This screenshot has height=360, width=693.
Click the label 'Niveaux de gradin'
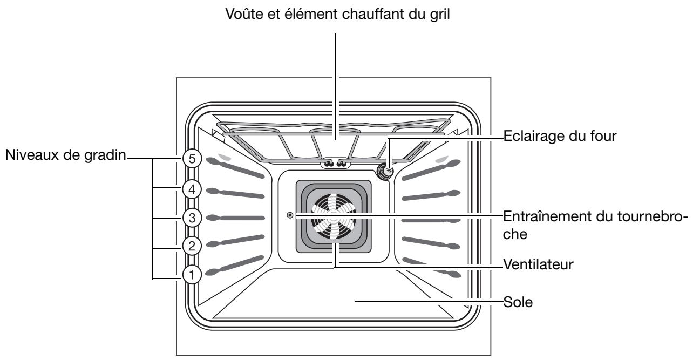65,157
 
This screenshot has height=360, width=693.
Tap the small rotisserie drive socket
291,215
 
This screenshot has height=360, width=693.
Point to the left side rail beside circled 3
237,218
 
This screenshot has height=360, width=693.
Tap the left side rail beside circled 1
237,268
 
